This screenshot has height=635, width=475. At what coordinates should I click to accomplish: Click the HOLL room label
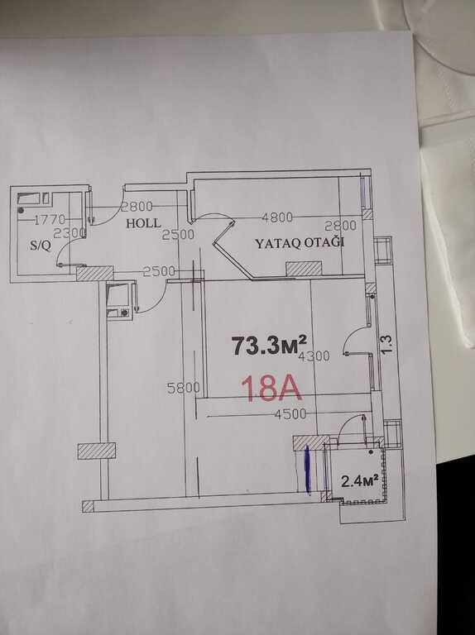click(x=143, y=222)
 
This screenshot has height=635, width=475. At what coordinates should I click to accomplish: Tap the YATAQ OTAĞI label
click(x=299, y=244)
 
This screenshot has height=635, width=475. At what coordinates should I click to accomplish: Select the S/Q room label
click(x=41, y=246)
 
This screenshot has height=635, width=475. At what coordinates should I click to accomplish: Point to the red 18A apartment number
click(x=271, y=389)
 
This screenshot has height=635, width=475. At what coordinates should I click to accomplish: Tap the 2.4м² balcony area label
click(x=360, y=480)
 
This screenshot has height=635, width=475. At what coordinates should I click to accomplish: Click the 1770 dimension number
click(x=49, y=220)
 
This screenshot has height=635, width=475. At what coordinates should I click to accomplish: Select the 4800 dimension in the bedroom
click(x=277, y=217)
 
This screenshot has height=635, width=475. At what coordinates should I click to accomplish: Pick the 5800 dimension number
click(x=183, y=388)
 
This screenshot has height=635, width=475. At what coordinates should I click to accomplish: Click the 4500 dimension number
click(x=290, y=414)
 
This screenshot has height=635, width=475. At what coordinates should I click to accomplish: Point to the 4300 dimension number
click(x=314, y=356)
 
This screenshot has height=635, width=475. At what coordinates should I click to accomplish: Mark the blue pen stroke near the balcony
click(x=307, y=470)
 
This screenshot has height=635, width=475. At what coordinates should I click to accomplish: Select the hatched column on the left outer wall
click(x=97, y=451)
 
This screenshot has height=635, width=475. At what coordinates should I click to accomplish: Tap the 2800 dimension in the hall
click(x=137, y=206)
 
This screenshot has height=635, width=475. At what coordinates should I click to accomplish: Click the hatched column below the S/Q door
click(x=95, y=273)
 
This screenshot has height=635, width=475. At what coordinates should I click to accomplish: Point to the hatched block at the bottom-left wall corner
click(x=88, y=507)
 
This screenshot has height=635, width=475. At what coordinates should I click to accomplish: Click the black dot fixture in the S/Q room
click(x=21, y=211)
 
